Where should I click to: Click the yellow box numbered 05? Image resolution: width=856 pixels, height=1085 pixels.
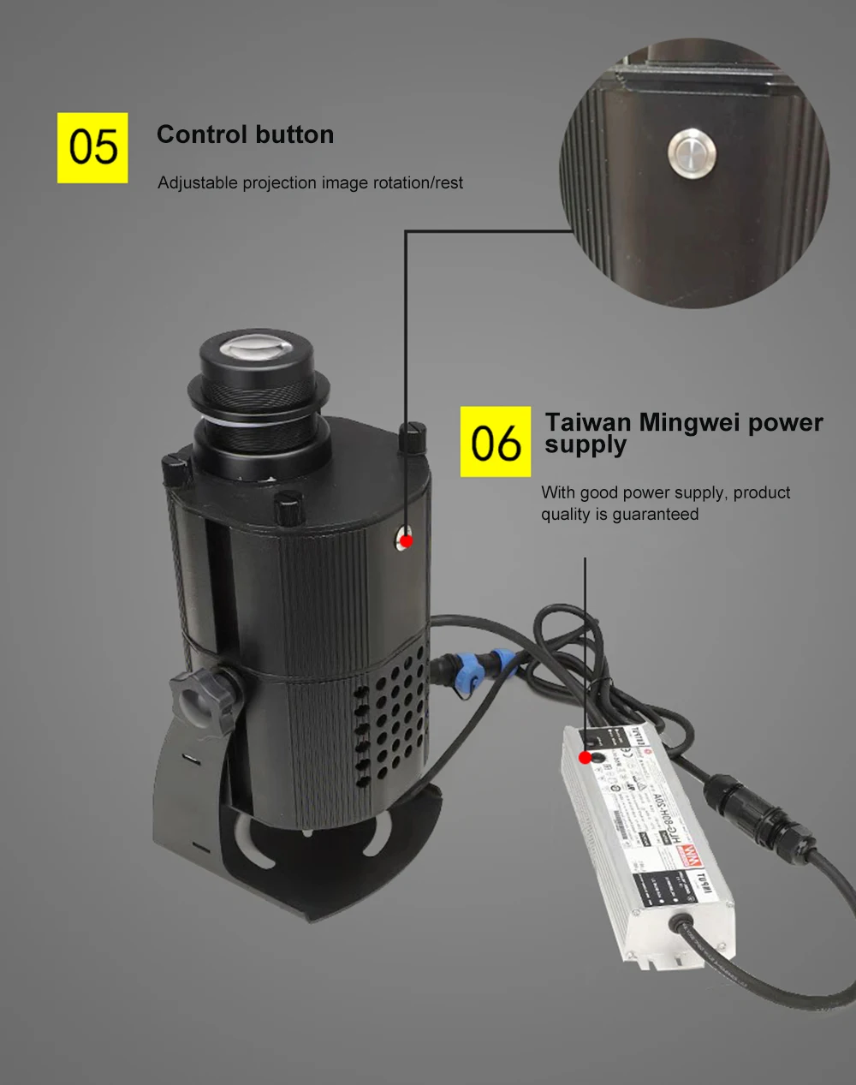[92, 147]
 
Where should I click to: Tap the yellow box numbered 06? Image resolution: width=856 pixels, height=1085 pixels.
[496, 442]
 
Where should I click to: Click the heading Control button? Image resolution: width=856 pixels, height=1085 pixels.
[245, 134]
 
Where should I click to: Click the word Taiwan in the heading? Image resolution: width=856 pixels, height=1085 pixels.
[587, 422]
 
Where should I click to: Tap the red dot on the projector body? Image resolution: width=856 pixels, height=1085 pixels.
[406, 540]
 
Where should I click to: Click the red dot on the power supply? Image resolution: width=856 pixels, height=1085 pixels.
[585, 758]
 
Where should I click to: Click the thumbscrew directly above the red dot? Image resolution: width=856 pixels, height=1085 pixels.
[413, 437]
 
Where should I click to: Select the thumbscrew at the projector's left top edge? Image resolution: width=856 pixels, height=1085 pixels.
[175, 470]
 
